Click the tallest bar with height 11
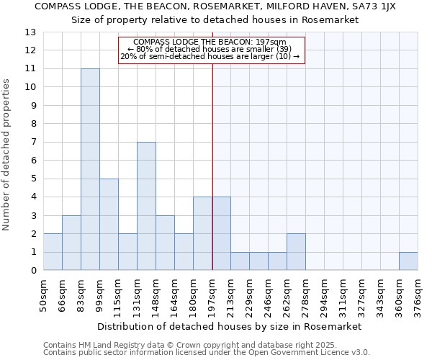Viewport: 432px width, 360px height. coord(90,169)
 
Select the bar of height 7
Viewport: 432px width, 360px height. coord(146,206)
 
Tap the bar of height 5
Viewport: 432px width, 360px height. coord(109,224)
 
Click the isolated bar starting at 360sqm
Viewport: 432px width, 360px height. coord(408,261)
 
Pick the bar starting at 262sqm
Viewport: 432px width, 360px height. coord(296,252)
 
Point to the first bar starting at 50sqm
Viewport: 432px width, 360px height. coord(53,252)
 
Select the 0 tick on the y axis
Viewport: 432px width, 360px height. coord(33,271)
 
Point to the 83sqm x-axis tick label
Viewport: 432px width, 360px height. coord(81,295)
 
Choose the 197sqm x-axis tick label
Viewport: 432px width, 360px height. coord(212,295)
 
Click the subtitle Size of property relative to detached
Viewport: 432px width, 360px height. coord(215,19)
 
